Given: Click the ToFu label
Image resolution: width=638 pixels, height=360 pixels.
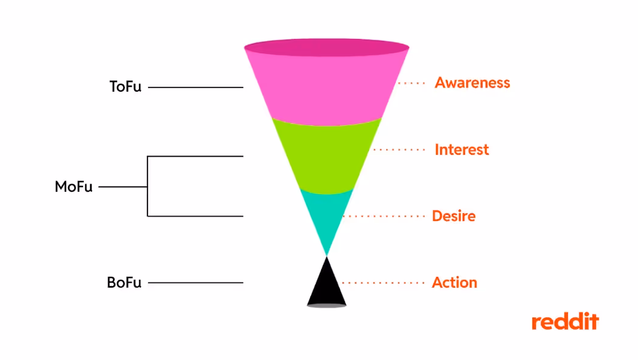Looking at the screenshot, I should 125,87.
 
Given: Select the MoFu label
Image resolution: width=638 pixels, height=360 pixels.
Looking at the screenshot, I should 73,187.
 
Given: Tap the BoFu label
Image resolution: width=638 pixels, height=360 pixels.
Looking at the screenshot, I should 124,283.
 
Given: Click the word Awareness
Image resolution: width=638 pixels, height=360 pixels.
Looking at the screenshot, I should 472,83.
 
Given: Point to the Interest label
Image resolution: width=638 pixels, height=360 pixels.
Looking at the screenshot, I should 461,149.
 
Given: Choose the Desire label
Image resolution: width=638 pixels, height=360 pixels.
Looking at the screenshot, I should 453,216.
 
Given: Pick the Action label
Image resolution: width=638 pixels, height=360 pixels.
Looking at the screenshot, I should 454,283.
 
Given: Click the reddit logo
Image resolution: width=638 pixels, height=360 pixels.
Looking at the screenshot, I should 565,322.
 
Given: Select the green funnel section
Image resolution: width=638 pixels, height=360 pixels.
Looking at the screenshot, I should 327,155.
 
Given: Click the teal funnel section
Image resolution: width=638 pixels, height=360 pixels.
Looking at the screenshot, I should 327,212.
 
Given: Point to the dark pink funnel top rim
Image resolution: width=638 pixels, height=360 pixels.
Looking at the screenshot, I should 327,47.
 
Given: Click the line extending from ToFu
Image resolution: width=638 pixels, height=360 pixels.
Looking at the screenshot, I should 195,87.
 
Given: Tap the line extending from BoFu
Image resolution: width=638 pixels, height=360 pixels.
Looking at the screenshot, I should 195,283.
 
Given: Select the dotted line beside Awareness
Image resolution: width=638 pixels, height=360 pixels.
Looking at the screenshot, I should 412,83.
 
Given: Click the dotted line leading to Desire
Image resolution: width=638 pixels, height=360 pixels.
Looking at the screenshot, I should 384,216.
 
